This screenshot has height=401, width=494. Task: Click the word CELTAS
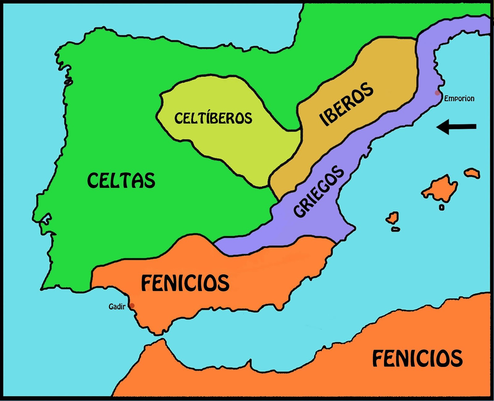[x=121, y=180]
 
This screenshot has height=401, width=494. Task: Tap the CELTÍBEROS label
[x=213, y=118]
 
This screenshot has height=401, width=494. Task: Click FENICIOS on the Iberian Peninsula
[x=185, y=283]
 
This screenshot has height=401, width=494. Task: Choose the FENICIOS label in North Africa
[x=417, y=358]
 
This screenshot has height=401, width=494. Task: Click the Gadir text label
[x=117, y=307]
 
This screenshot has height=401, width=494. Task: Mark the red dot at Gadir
[x=132, y=306]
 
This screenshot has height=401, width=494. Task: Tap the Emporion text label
[x=459, y=99]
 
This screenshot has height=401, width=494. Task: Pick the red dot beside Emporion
[x=437, y=93]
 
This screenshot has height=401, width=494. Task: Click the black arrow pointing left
[x=457, y=127]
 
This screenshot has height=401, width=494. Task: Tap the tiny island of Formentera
[x=396, y=230]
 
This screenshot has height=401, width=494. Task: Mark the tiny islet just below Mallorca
[x=442, y=208]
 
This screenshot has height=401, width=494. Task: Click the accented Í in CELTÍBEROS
[x=213, y=118]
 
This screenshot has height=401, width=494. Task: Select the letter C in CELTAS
[x=93, y=180]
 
